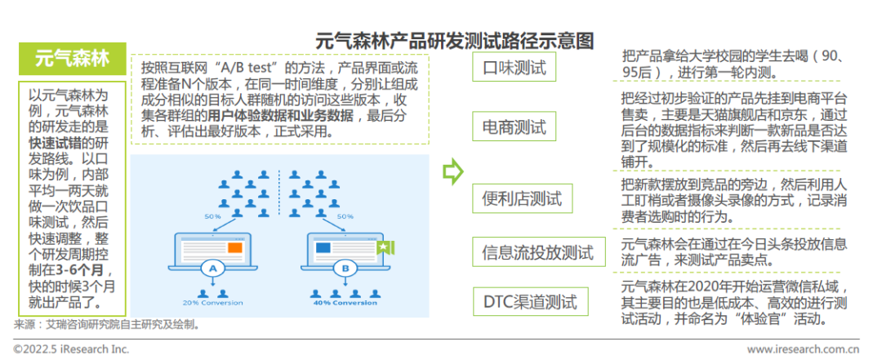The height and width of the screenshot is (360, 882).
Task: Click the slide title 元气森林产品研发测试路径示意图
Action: [x=455, y=41]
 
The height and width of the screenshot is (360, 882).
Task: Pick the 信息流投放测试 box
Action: [x=538, y=252]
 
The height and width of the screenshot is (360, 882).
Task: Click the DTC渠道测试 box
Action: [x=530, y=301]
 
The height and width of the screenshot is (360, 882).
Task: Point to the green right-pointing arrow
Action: [x=452, y=171]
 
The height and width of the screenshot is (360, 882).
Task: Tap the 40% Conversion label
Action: [x=344, y=303]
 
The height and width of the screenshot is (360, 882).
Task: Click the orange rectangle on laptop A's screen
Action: [x=236, y=247]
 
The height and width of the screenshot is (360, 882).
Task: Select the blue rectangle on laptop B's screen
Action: [x=323, y=247]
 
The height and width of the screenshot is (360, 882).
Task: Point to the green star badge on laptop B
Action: [x=381, y=246]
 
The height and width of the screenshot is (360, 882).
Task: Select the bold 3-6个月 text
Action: [x=82, y=270]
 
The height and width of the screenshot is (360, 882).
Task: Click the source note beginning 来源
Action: [x=106, y=325]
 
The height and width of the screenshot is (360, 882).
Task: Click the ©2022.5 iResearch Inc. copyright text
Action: [x=70, y=349]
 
